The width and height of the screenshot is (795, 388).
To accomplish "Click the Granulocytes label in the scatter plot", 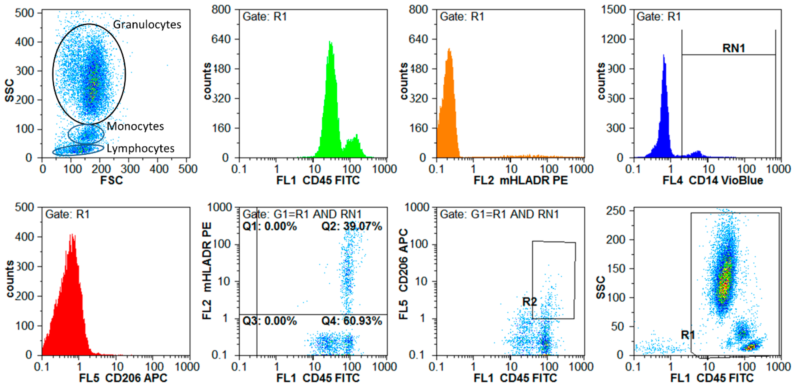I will tap(147, 24).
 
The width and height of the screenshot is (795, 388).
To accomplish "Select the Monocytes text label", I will tap(135, 126).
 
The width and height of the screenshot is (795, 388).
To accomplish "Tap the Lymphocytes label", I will tap(140, 148).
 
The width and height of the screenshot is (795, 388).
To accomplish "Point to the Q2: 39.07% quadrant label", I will tap(352, 227).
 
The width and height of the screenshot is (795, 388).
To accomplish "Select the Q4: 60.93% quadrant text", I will tap(352, 321).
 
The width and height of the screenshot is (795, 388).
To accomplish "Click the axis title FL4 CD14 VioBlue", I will tap(713, 180).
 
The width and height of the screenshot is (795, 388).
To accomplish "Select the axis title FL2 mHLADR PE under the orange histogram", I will tap(521, 180).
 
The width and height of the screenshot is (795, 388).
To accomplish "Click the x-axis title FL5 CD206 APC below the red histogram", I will tap(123, 378).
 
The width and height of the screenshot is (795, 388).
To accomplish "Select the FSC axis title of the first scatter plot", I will tap(111, 180).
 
